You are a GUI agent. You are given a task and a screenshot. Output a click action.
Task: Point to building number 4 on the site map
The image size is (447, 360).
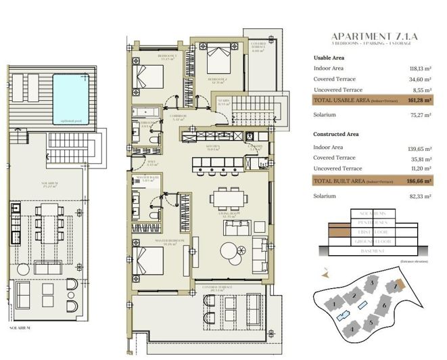351,330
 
